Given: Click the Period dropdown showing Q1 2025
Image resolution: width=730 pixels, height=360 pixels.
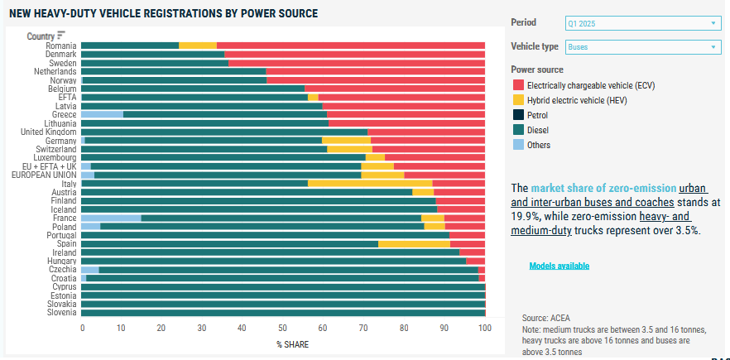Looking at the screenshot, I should [643, 23].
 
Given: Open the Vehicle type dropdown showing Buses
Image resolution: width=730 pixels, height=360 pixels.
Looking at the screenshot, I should [643, 47].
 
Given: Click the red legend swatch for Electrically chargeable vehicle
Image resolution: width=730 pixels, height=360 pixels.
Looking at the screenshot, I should [518, 84].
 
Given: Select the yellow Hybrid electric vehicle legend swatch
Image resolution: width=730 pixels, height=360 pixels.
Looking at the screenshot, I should [518, 99].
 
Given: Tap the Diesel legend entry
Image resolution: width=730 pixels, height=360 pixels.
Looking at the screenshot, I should [538, 130].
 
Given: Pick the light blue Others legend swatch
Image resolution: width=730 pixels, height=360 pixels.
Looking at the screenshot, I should [518, 145].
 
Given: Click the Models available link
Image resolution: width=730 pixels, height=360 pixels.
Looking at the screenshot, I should [560, 266].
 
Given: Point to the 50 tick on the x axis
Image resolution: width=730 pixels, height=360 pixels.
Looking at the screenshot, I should [283, 329].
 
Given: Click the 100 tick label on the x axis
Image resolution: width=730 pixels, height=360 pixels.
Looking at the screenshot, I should [484, 329].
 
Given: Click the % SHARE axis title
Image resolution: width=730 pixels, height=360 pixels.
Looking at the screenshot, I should [283, 343].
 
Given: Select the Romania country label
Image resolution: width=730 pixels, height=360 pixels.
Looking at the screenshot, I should [61, 45].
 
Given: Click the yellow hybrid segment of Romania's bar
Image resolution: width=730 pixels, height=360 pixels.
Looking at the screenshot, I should [197, 45].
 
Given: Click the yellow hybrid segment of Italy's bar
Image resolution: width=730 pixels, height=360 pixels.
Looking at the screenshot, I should [369, 184].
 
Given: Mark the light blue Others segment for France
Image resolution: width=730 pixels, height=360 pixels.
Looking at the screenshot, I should [110, 218].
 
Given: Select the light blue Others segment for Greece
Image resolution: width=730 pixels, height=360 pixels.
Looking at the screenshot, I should [102, 114].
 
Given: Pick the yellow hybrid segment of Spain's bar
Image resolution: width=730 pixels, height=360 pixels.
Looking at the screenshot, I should [414, 244].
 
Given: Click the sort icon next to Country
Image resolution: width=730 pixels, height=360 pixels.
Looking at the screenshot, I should [61, 36].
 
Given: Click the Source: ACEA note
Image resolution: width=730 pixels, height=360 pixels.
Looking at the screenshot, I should [546, 318].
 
